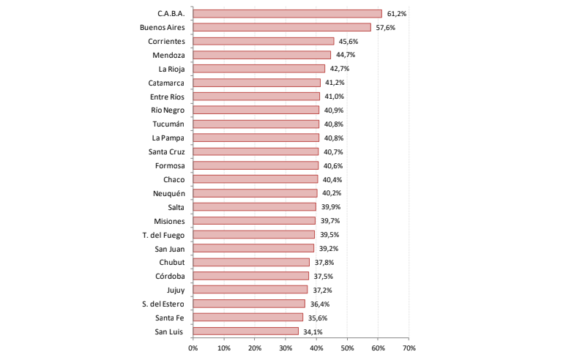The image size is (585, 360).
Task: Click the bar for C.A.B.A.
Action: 287,13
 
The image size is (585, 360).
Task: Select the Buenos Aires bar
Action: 282,27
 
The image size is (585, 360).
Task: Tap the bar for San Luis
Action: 245,331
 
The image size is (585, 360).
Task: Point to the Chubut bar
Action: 251,262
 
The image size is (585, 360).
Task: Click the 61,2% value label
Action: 396,13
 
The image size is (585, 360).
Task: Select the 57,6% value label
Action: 385,27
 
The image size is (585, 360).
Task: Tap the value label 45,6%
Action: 348,41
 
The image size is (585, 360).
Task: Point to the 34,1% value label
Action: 313,331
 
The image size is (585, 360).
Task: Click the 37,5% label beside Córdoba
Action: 323,276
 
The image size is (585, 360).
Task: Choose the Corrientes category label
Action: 165,41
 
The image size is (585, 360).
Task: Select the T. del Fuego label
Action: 163,234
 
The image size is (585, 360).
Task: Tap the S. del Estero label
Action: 163,304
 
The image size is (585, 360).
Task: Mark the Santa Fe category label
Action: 169,318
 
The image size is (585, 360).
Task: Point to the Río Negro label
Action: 168,110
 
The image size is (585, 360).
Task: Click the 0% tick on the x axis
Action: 193,348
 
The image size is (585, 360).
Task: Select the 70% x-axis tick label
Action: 409,348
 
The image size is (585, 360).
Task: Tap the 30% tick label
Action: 286,348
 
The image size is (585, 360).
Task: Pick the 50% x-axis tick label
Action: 348,348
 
